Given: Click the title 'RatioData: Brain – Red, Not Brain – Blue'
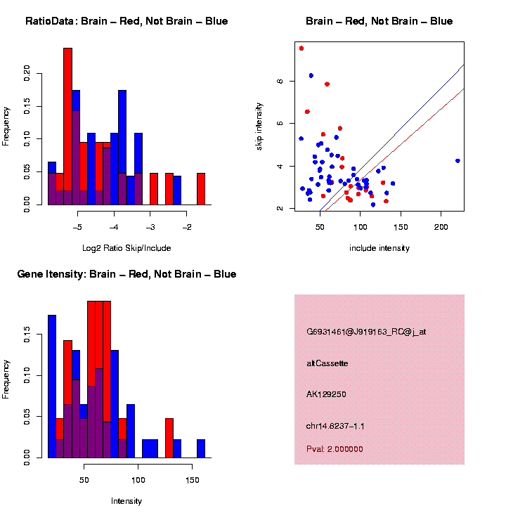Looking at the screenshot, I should pyautogui.click(x=126, y=21).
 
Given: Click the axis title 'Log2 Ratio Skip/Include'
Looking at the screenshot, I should pyautogui.click(x=127, y=247).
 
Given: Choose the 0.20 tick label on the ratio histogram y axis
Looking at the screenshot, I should pyautogui.click(x=27, y=72).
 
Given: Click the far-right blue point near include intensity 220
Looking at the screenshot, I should pyautogui.click(x=458, y=161).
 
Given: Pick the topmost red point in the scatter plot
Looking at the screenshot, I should pyautogui.click(x=301, y=48).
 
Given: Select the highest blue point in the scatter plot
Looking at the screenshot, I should pyautogui.click(x=311, y=75).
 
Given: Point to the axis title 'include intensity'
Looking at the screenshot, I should pyautogui.click(x=379, y=247).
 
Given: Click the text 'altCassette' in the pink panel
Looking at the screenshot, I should pyautogui.click(x=327, y=363).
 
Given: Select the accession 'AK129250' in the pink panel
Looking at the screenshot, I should pyautogui.click(x=326, y=394).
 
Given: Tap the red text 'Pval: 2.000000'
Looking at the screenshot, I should pyautogui.click(x=335, y=449).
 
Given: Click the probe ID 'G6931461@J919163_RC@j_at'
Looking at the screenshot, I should pyautogui.click(x=366, y=332).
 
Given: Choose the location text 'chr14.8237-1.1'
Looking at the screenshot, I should pyautogui.click(x=335, y=426).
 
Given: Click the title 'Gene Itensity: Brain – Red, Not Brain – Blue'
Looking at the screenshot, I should pyautogui.click(x=126, y=274).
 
